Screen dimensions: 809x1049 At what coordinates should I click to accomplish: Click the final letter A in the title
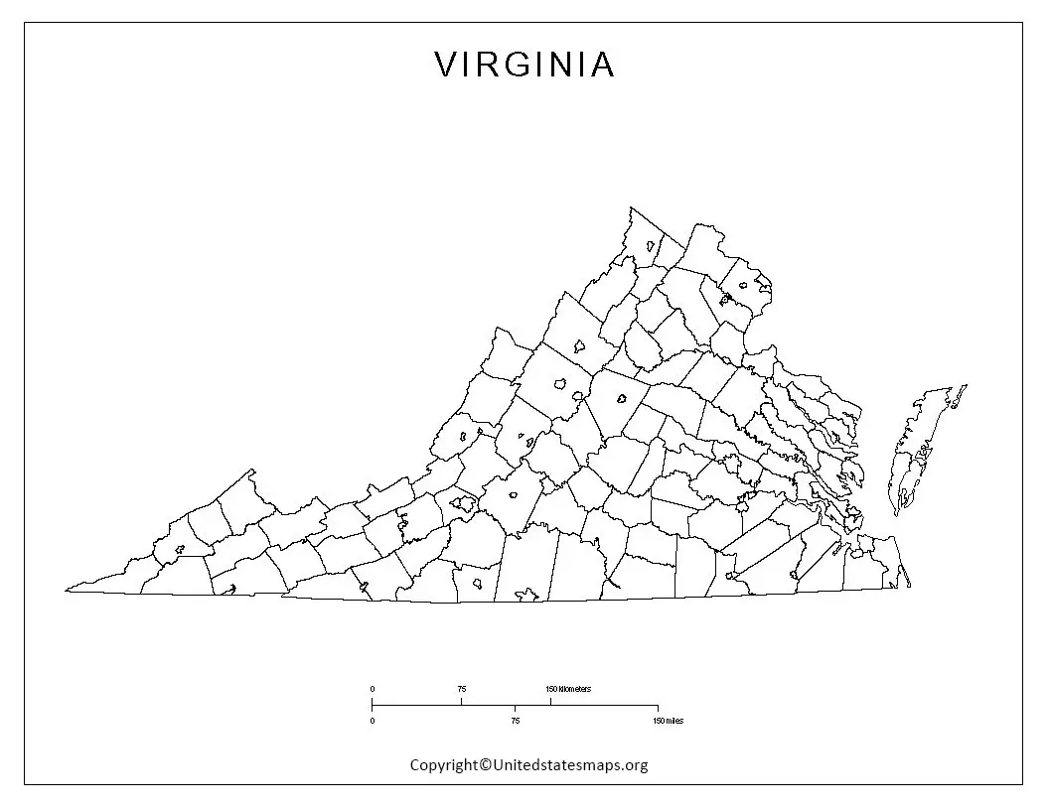coord(603,66)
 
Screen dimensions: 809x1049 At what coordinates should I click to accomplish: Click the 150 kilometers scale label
coord(568,688)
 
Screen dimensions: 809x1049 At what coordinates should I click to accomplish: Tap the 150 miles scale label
coord(669,720)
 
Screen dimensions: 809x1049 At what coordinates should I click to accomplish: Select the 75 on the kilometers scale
coord(461,688)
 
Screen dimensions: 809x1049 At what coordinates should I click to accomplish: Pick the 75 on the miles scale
coord(515,720)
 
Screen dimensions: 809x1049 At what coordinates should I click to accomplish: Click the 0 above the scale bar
coord(373,688)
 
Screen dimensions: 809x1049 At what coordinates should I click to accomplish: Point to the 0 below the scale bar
coord(373,720)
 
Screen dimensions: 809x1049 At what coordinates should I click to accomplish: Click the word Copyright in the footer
coord(444,764)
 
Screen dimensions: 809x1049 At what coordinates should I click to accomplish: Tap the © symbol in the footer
coord(486,764)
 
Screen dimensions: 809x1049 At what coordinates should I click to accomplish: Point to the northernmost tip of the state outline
coord(630,208)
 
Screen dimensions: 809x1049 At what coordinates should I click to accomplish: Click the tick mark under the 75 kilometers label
coord(461,701)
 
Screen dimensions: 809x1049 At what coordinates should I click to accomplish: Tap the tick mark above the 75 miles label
coord(515,709)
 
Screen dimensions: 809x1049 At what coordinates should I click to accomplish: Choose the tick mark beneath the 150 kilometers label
coord(550,701)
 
